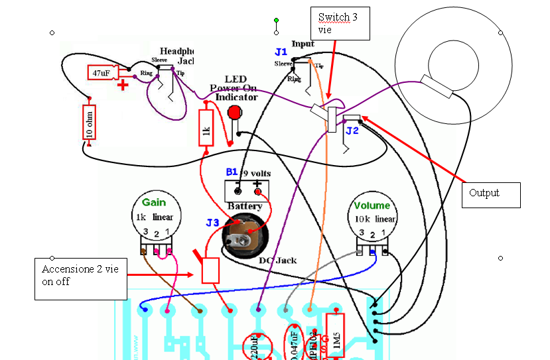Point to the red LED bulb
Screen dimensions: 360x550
coord(234,112)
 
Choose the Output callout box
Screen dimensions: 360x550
coord(490,194)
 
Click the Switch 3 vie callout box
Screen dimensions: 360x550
coord(340,23)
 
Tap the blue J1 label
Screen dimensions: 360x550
coord(281,51)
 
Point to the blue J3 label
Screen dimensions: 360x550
coord(212,223)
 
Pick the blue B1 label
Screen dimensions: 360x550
coord(231,172)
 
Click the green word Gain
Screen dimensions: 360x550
coord(154,202)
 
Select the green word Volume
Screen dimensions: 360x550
coord(372,206)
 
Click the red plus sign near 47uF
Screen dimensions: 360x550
coord(122,84)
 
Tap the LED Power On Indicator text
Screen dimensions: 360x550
coord(234,88)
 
